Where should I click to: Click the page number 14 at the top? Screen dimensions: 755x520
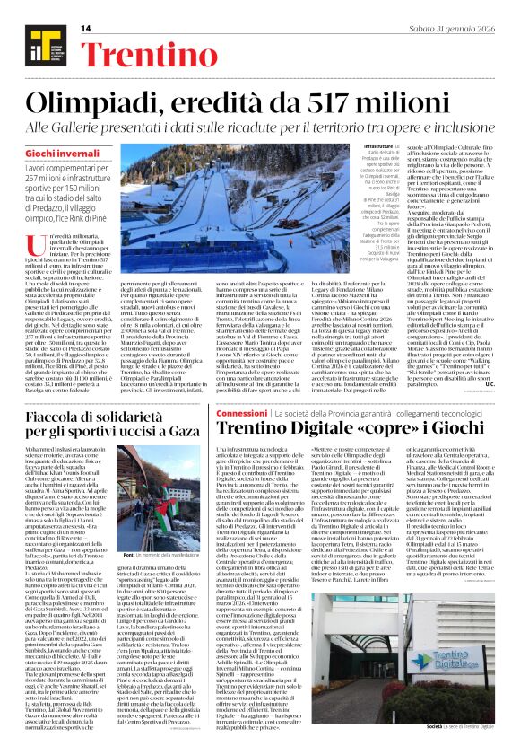pyautogui.click(x=86, y=28)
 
